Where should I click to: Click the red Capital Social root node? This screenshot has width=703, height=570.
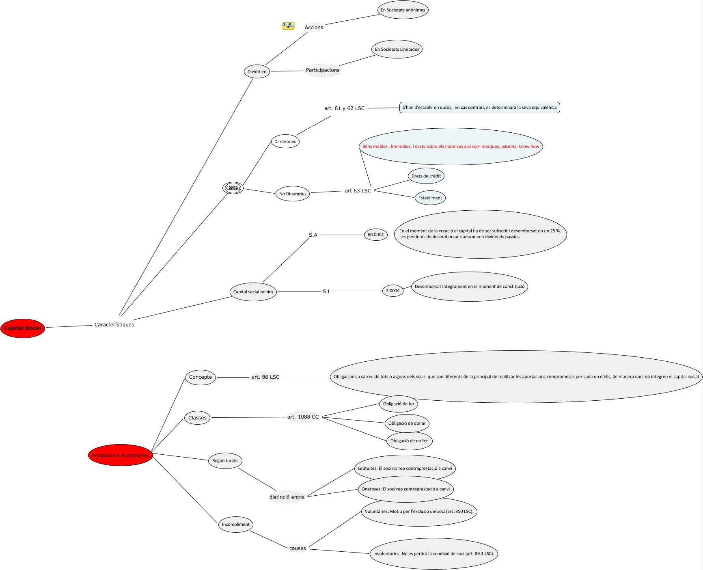(23, 328)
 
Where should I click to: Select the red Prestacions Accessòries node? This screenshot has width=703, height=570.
(120, 455)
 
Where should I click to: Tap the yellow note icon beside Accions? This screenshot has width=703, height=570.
(288, 26)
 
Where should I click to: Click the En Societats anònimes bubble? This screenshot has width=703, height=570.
(403, 10)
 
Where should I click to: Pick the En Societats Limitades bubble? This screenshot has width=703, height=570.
(397, 50)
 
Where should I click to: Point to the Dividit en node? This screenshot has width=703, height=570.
(257, 72)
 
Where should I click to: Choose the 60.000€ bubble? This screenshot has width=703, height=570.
(375, 235)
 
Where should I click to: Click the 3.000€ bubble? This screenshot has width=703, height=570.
(392, 291)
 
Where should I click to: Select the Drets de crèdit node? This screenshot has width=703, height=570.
(426, 176)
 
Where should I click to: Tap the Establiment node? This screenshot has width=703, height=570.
(430, 198)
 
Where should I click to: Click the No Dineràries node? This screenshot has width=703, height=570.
(293, 194)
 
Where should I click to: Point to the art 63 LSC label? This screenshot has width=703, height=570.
(358, 191)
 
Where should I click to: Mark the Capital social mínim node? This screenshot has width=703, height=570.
(253, 292)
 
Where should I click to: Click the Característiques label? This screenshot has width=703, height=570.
(114, 325)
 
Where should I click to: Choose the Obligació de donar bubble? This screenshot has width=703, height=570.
(407, 423)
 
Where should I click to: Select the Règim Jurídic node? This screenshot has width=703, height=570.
(225, 461)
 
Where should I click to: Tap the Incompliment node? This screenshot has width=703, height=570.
(235, 525)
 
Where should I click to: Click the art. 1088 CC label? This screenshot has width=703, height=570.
(303, 417)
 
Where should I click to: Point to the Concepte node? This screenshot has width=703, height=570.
(200, 377)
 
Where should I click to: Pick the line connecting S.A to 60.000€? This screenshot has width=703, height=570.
(342, 235)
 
